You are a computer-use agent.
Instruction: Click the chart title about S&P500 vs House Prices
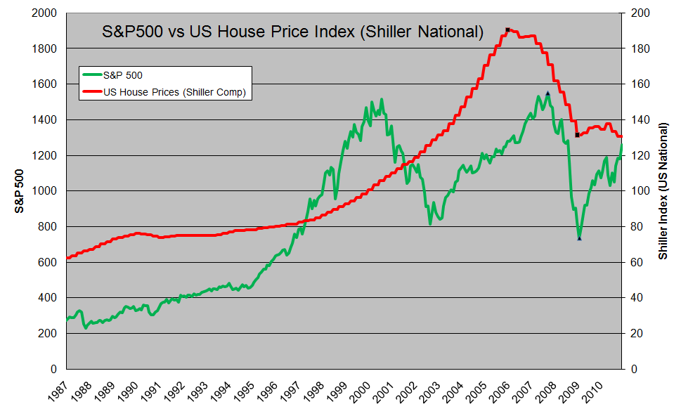[293, 32]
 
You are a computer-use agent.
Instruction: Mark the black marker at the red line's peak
[507, 30]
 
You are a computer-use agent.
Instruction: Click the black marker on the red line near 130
[577, 135]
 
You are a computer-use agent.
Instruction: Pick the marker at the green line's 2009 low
[579, 238]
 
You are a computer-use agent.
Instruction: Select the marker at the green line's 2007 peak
[547, 93]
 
